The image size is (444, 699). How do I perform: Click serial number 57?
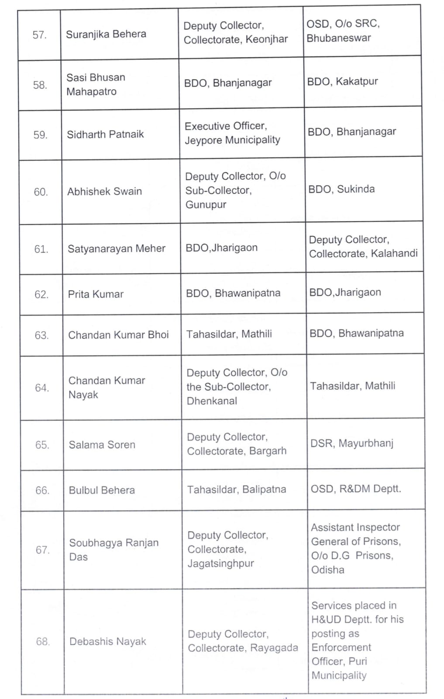pyautogui.click(x=40, y=35)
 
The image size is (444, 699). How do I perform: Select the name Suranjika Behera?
pyautogui.click(x=106, y=34)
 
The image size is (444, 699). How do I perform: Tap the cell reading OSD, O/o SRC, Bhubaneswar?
pyautogui.click(x=343, y=31)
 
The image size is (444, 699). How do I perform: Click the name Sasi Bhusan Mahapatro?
pyautogui.click(x=96, y=84)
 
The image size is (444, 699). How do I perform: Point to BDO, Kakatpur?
pyautogui.click(x=343, y=81)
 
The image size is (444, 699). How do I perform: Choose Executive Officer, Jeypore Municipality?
pyautogui.click(x=232, y=133)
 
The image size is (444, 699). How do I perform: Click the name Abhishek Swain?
pyautogui.click(x=105, y=191)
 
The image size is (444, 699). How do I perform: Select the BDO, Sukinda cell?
pyautogui.click(x=341, y=189)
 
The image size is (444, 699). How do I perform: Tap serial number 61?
pyautogui.click(x=41, y=249)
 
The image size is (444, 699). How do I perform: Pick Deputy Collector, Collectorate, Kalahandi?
pyautogui.click(x=363, y=246)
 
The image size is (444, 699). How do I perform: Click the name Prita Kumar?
pyautogui.click(x=96, y=294)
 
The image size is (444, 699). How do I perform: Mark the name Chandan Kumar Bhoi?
pyautogui.click(x=118, y=335)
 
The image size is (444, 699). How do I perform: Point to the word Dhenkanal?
pyautogui.click(x=212, y=401)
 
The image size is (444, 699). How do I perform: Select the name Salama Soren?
pyautogui.click(x=102, y=445)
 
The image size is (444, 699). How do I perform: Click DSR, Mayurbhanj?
pyautogui.click(x=352, y=443)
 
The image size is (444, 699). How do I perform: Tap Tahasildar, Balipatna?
pyautogui.click(x=237, y=490)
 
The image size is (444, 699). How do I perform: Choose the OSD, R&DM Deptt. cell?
pyautogui.click(x=356, y=489)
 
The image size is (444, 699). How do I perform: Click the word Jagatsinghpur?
pyautogui.click(x=221, y=564)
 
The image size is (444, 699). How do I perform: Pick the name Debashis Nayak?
pyautogui.click(x=108, y=641)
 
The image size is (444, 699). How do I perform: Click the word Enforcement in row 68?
pyautogui.click(x=341, y=647)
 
